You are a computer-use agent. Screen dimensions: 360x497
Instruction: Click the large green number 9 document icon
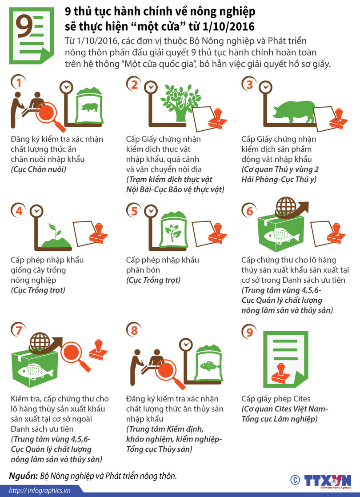tap(32, 35)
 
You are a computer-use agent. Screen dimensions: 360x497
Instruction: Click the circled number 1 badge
tap(18, 82)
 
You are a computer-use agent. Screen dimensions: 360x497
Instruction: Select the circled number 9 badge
tap(249, 332)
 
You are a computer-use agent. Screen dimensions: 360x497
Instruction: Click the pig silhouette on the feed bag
tap(89, 108)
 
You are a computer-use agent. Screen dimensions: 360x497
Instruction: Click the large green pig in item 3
tap(294, 112)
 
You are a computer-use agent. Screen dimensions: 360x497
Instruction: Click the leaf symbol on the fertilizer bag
tap(173, 232)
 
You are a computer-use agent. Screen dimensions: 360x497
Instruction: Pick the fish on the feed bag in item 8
tap(209, 366)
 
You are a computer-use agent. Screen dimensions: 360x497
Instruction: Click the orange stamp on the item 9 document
tap(281, 373)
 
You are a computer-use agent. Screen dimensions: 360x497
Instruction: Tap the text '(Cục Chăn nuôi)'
tap(39, 169)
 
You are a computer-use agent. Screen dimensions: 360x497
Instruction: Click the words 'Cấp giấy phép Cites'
tap(276, 399)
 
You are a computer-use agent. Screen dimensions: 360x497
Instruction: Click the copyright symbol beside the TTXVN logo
tap(295, 480)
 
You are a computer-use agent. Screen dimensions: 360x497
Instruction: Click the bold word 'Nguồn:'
tap(23, 476)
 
